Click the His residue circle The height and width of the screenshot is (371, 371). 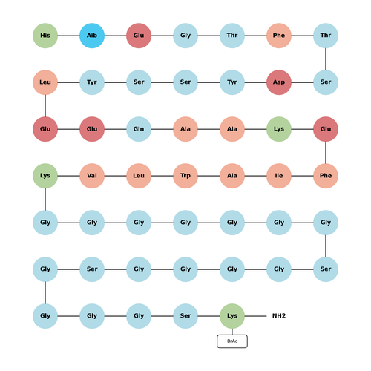[x=45, y=36]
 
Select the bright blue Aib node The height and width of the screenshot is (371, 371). [x=92, y=36]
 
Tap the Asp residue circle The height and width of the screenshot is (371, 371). [x=279, y=82]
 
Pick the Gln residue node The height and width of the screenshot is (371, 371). [x=139, y=129]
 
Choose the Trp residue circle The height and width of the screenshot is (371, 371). [x=185, y=176]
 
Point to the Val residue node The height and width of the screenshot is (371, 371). [x=92, y=176]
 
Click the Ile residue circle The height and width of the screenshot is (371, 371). [x=279, y=176]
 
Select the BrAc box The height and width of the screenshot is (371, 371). [x=232, y=341]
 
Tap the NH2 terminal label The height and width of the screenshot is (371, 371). [x=279, y=316]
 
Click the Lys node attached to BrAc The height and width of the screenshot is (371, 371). [x=232, y=316]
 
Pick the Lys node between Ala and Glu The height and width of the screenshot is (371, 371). [x=279, y=129]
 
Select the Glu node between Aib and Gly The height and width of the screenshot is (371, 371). [x=139, y=36]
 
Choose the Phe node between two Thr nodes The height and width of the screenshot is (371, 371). [x=279, y=36]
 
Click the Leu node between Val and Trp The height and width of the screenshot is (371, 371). [x=139, y=176]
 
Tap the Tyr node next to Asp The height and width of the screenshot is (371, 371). [x=232, y=82]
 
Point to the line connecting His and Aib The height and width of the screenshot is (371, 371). [x=69, y=36]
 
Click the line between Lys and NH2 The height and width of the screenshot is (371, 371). [x=255, y=316]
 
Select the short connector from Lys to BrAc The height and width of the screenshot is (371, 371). [x=232, y=332]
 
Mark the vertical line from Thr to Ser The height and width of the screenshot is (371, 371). [x=326, y=59]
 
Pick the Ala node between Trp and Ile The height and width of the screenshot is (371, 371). [x=232, y=176]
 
